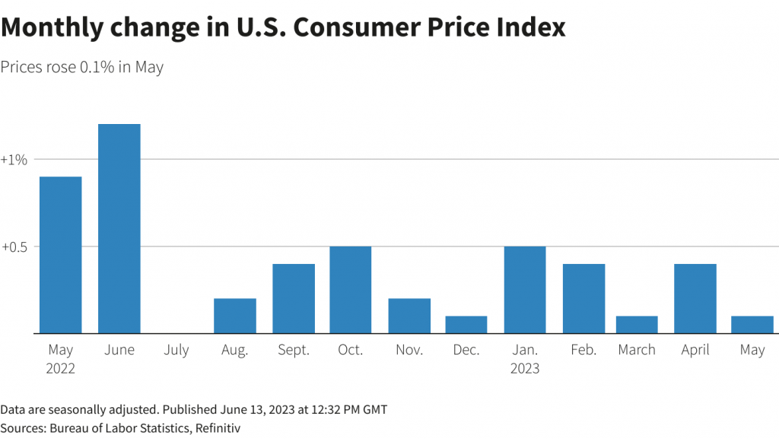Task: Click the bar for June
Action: pyautogui.click(x=119, y=228)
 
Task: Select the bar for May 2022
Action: pyautogui.click(x=60, y=255)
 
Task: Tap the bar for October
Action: pyautogui.click(x=351, y=290)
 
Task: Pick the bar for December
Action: pyautogui.click(x=466, y=325)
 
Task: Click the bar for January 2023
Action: pyautogui.click(x=525, y=290)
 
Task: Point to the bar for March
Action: pyautogui.click(x=637, y=325)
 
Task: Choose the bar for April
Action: pyautogui.click(x=695, y=298)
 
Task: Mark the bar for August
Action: pyautogui.click(x=234, y=316)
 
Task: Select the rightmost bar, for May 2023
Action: pyautogui.click(x=752, y=325)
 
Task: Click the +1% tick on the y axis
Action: pyautogui.click(x=14, y=160)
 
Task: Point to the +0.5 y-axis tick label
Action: pyautogui.click(x=14, y=247)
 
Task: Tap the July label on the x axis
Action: pyautogui.click(x=176, y=350)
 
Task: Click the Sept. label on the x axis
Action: pyautogui.click(x=294, y=350)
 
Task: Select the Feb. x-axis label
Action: pyautogui.click(x=583, y=350)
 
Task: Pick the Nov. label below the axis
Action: pyautogui.click(x=409, y=350)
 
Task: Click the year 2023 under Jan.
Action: pyautogui.click(x=525, y=369)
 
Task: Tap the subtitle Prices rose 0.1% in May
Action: pyautogui.click(x=82, y=67)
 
